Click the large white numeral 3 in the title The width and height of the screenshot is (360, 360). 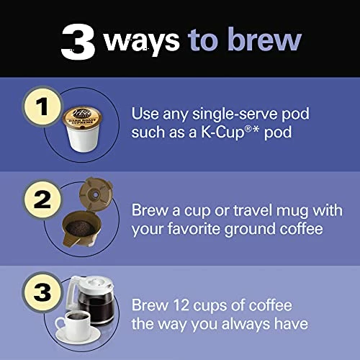click(x=78, y=42)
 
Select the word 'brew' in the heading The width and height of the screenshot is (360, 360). click(x=264, y=38)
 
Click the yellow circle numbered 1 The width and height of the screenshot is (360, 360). click(x=42, y=107)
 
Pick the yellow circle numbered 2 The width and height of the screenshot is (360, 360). click(x=42, y=199)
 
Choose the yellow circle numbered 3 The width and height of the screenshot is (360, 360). click(x=42, y=292)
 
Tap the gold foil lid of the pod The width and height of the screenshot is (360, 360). click(x=82, y=117)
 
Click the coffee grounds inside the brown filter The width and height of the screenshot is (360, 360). click(x=81, y=228)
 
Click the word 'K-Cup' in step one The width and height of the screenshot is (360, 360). click(x=222, y=132)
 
